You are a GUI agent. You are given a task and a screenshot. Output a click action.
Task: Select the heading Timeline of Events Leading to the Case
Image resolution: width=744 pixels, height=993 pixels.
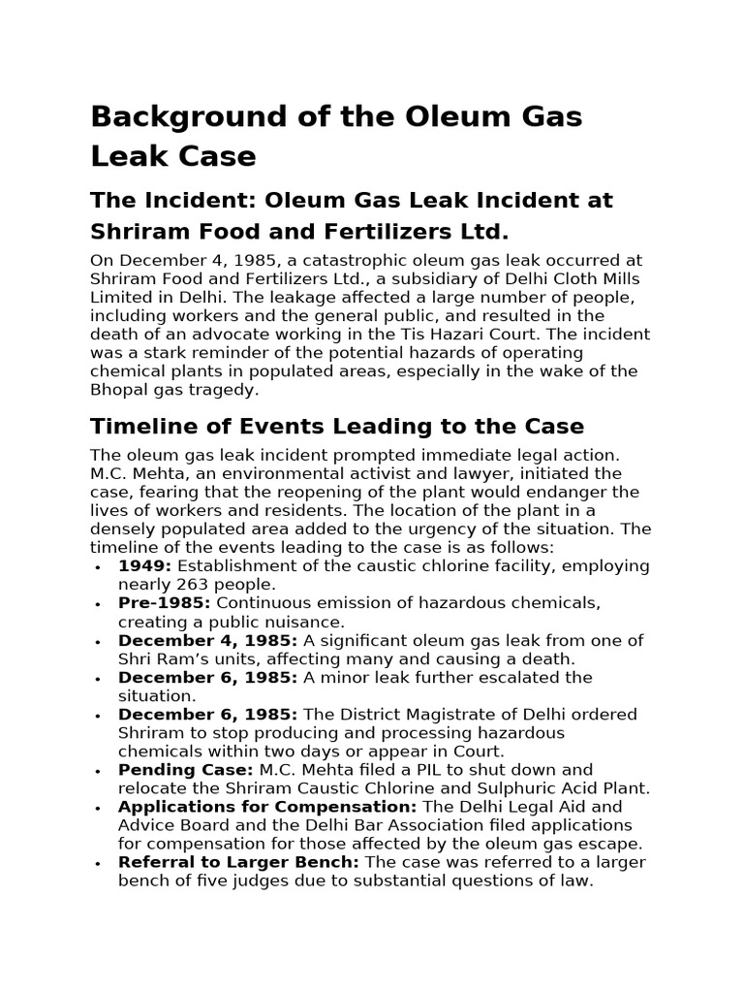pyautogui.click(x=336, y=427)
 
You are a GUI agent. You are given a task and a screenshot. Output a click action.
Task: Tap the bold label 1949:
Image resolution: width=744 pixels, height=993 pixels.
pyautogui.click(x=145, y=566)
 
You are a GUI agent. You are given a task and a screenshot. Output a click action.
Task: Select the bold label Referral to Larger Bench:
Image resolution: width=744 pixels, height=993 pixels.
pyautogui.click(x=238, y=862)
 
